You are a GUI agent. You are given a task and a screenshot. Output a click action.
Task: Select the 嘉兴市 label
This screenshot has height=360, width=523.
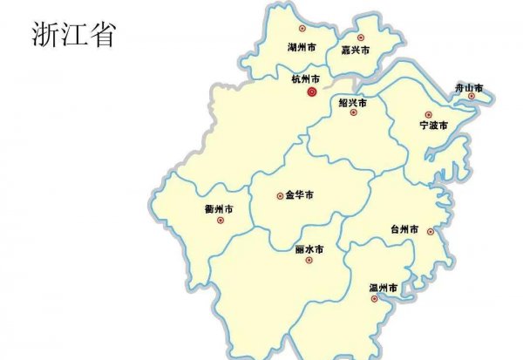[x=355, y=51]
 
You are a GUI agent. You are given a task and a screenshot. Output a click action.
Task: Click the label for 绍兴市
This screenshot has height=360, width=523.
[x=352, y=102]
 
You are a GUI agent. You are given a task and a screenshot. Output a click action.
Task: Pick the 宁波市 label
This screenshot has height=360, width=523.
[x=432, y=126]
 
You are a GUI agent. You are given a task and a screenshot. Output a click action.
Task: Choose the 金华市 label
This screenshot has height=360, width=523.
[x=299, y=195]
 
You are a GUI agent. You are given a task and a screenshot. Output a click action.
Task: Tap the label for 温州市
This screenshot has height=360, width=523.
[x=384, y=287]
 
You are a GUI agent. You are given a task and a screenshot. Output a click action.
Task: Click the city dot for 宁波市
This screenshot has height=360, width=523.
[x=428, y=115]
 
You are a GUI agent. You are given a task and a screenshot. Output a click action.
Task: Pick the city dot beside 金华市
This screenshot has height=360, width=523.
[x=280, y=196]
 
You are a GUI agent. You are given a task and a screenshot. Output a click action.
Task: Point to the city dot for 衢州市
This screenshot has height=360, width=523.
[x=220, y=221]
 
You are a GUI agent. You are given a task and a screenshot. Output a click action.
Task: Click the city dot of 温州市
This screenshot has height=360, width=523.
[x=375, y=299]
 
